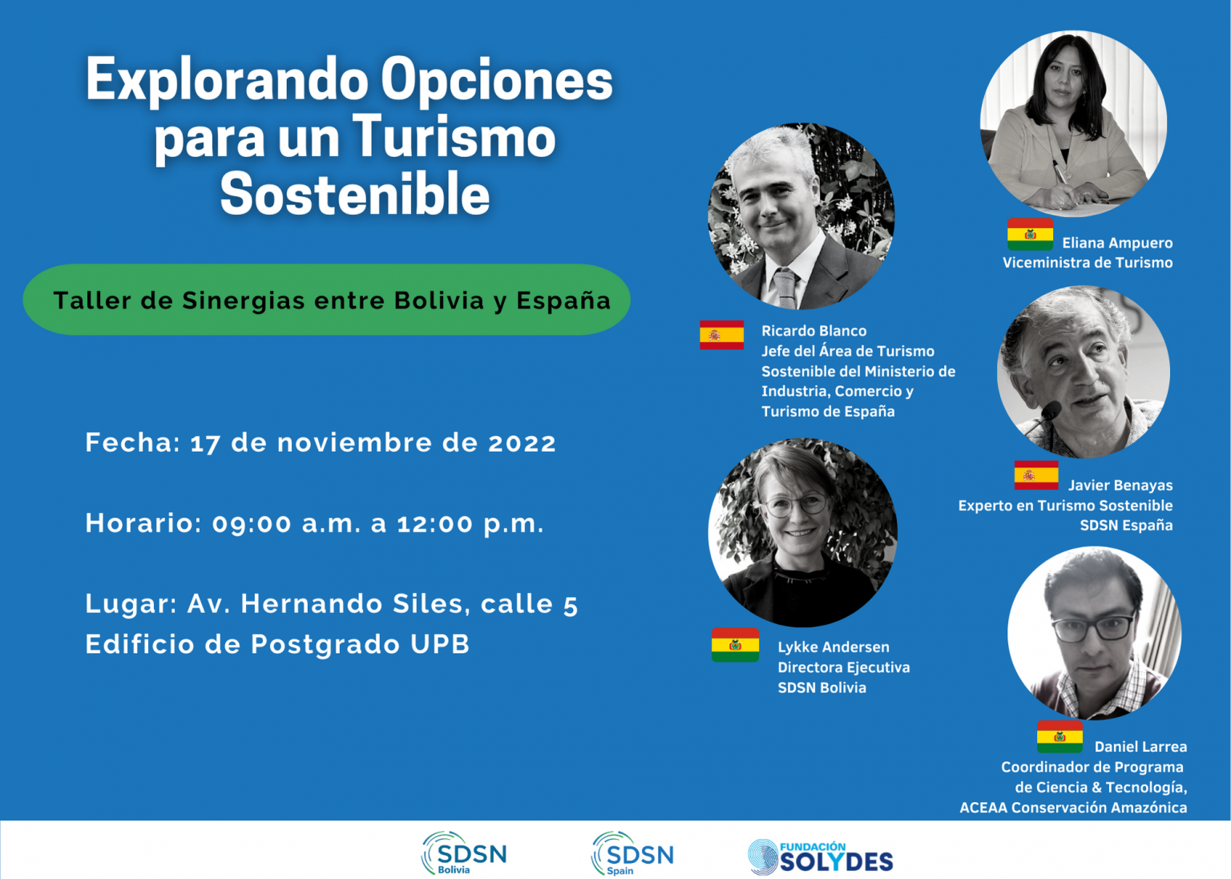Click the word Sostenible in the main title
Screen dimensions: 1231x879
(355, 194)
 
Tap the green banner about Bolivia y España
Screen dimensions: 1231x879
(326, 300)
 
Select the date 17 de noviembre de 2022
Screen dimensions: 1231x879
(373, 443)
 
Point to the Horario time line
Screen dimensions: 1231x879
(314, 523)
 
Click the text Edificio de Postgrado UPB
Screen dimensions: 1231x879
(277, 644)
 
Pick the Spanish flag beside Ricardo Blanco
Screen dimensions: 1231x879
(721, 335)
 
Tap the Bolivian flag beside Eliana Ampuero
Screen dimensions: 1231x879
(1030, 234)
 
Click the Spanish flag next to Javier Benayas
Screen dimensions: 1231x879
(1036, 475)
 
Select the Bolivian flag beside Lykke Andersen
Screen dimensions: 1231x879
(735, 645)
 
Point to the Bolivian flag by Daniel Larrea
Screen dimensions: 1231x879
(1059, 736)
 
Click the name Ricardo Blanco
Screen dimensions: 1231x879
(814, 331)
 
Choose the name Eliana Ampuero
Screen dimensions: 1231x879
(1117, 243)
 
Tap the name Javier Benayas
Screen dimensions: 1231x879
(1120, 485)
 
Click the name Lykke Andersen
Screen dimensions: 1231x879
(833, 647)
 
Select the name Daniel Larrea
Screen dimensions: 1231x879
(1141, 747)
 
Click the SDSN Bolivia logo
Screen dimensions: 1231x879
(464, 853)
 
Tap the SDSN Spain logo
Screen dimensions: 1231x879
(632, 853)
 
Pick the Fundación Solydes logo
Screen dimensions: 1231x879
(821, 857)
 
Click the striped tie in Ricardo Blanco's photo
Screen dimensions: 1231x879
(785, 288)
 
